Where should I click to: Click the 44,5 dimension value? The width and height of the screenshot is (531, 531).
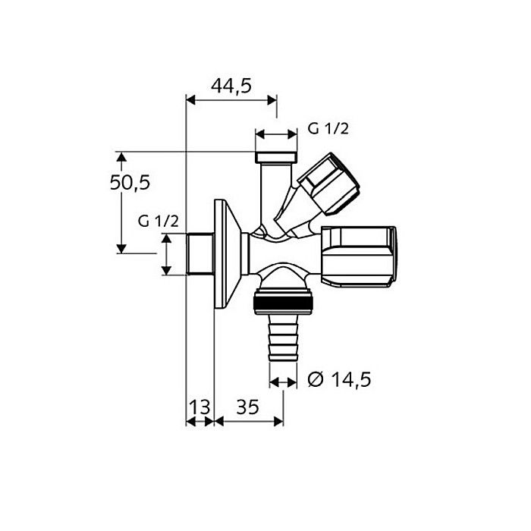coord(231,86)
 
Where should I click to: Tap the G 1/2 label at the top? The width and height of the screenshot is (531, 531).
coord(328,129)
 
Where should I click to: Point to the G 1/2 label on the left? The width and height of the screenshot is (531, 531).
coord(158,221)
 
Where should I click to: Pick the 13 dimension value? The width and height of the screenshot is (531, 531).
coord(200,407)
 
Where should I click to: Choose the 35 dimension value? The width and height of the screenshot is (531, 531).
coord(247,407)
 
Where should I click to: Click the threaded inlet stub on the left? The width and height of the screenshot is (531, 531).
coord(200,255)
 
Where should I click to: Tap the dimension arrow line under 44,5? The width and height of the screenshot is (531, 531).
coord(231,99)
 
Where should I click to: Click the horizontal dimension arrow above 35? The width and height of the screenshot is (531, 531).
coord(249,419)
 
